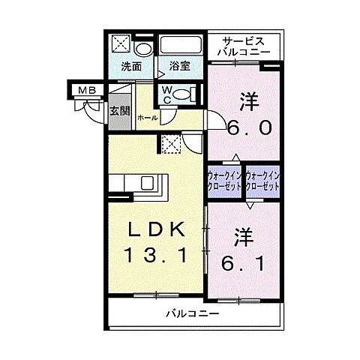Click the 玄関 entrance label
119,111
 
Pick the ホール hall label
147,118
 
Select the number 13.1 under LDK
156,255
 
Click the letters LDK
156,227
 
